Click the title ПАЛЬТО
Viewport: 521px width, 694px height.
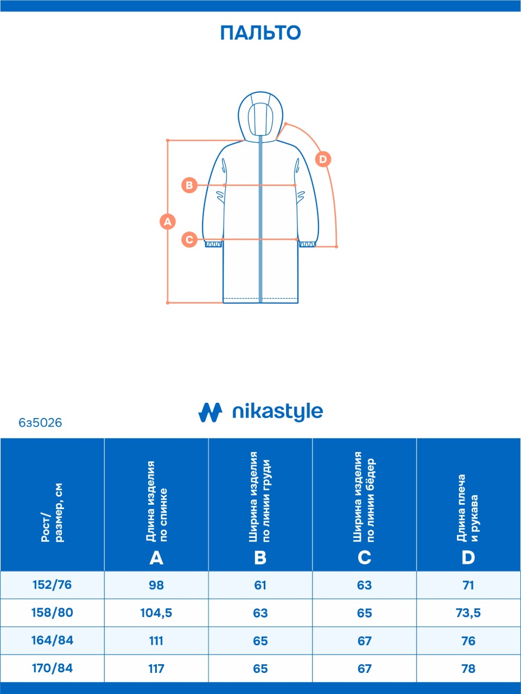[260, 33]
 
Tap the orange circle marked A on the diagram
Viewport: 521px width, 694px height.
[168, 221]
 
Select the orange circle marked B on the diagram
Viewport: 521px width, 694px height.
[189, 185]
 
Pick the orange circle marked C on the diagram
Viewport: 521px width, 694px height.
[189, 239]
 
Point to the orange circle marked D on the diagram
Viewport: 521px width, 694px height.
[323, 159]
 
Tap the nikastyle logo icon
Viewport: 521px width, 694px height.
[210, 413]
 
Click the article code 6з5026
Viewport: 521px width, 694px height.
[40, 423]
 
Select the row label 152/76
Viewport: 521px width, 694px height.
[52, 585]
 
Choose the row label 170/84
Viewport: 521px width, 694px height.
[52, 668]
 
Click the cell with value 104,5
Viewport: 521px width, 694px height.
[156, 613]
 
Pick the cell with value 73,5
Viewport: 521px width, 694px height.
[468, 613]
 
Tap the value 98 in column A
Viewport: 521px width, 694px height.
[156, 585]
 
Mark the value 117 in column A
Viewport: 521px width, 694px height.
[156, 669]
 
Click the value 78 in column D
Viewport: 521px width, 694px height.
[468, 669]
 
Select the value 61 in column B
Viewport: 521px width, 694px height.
[260, 585]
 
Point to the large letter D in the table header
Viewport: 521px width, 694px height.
[468, 557]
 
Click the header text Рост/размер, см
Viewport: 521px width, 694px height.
[52, 512]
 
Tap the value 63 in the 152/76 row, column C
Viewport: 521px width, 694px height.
[364, 585]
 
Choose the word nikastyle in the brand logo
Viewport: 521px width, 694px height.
[277, 412]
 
